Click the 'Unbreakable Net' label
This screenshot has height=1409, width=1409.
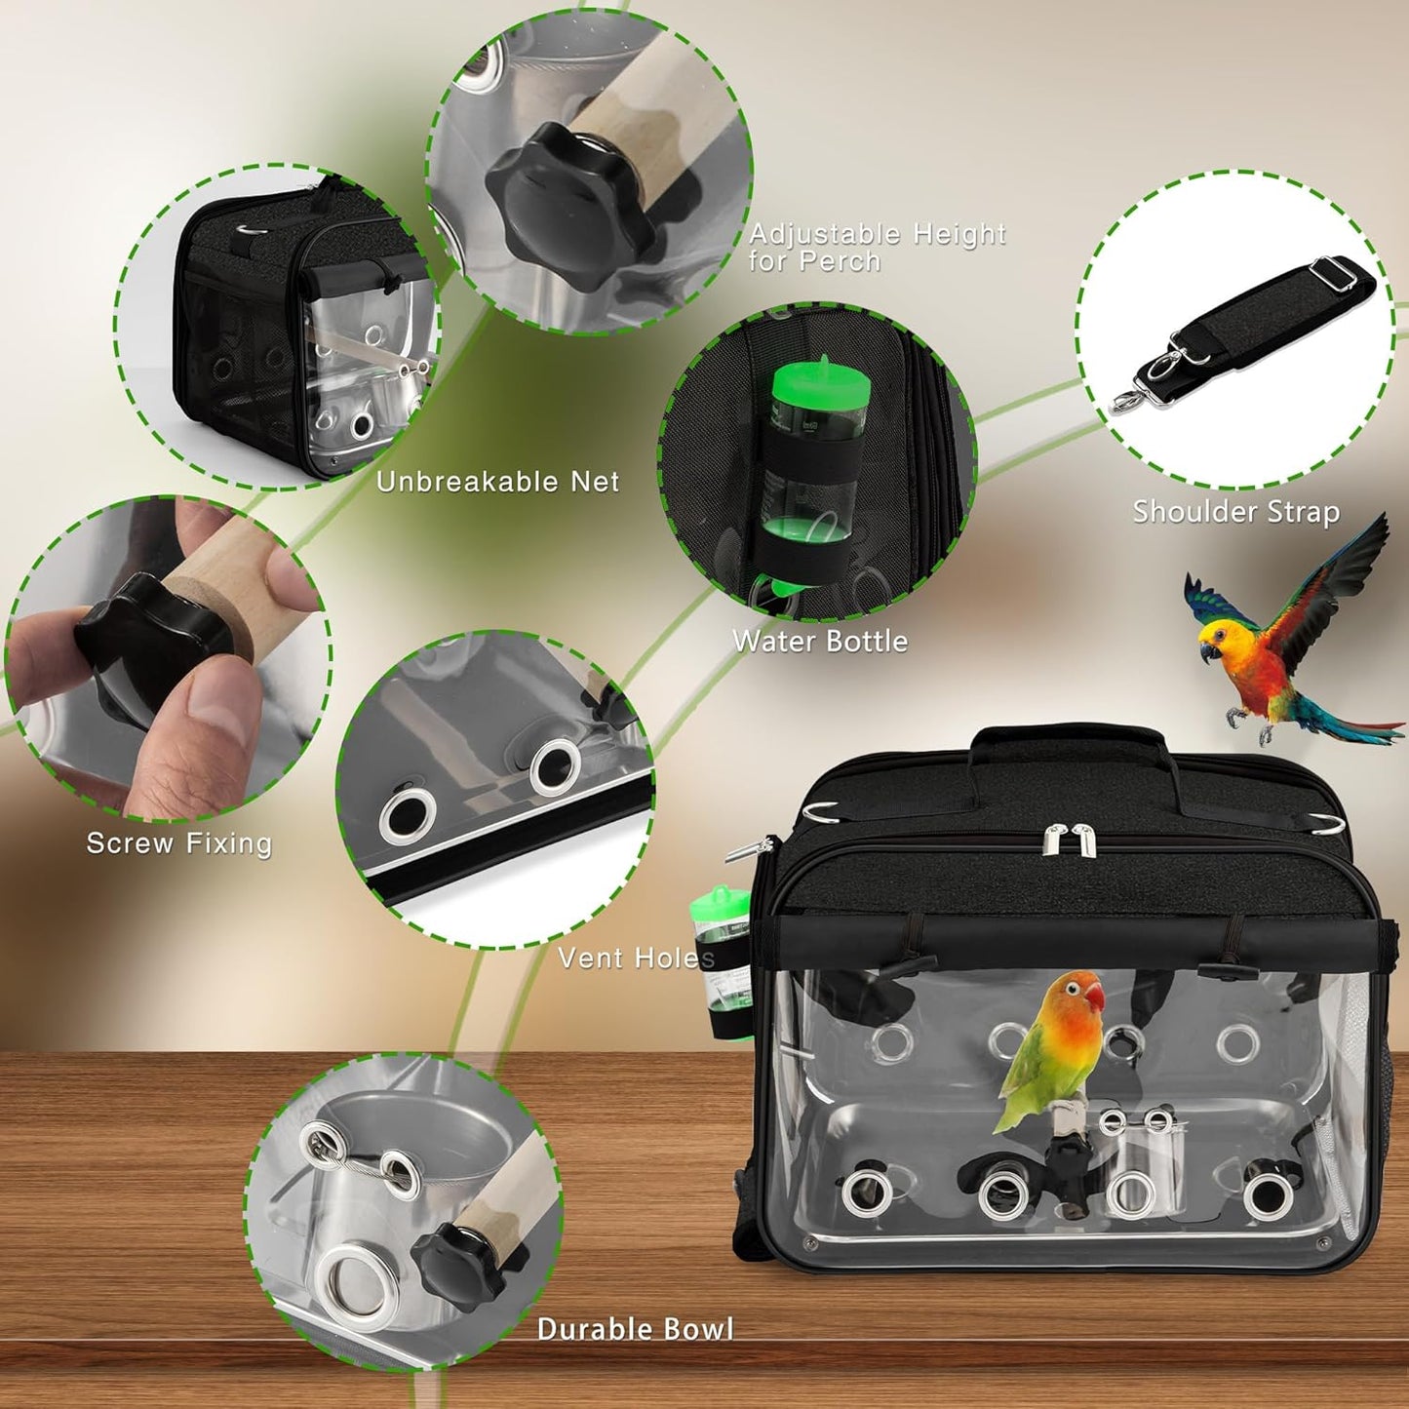(x=498, y=482)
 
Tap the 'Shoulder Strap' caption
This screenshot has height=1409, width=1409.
(x=1235, y=512)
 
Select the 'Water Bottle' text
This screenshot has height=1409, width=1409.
(x=820, y=642)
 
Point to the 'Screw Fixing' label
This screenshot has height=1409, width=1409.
(x=179, y=843)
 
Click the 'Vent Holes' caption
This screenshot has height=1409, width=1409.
(x=635, y=958)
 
